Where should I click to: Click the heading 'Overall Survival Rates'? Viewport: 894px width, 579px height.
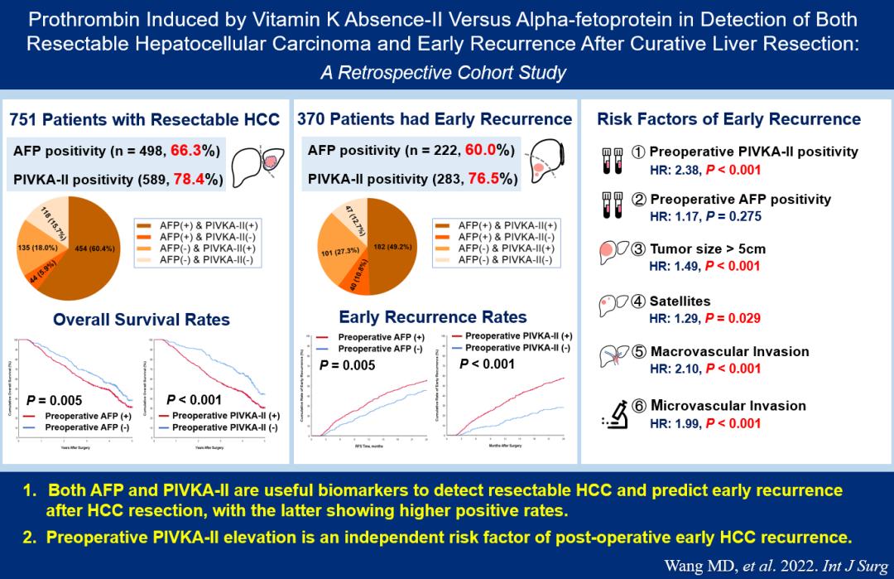(x=142, y=319)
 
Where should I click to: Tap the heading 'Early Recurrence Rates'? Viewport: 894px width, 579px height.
(x=433, y=316)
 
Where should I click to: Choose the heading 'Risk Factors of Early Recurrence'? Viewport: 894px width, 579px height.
(x=728, y=119)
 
